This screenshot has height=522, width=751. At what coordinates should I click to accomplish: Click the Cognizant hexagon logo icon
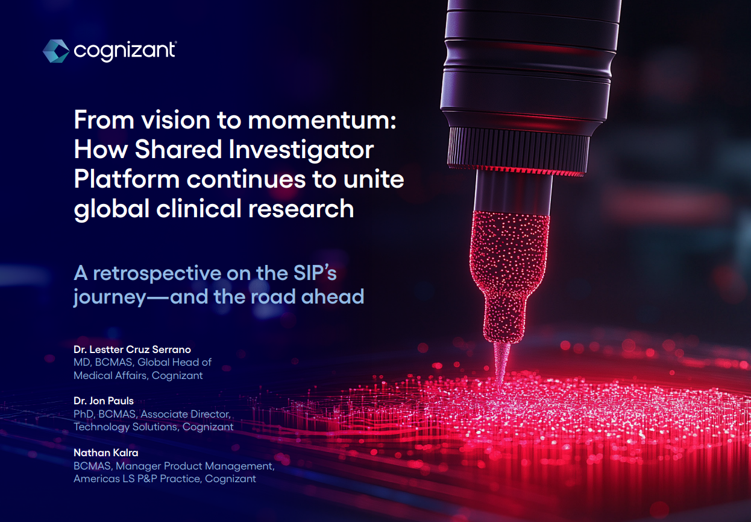point(56,51)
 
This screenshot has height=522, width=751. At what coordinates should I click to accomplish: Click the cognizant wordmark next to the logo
point(125,51)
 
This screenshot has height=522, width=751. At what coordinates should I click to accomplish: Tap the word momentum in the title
point(322,120)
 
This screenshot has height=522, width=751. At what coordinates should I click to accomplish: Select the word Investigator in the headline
point(301,150)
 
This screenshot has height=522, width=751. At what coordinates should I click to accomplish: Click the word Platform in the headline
point(127,179)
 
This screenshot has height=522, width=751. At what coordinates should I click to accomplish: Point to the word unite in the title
point(374,179)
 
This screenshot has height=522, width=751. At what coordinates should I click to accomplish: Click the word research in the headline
point(301,208)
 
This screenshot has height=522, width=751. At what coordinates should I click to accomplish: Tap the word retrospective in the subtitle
point(156,274)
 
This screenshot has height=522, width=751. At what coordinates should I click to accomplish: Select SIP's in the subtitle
point(315,273)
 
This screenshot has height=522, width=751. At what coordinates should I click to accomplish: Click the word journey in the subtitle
point(110,298)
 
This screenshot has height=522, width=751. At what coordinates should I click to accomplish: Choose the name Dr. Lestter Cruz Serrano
point(132,349)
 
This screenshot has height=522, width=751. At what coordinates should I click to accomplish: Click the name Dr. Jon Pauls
point(104,401)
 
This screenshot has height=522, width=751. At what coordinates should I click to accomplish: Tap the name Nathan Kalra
point(106,453)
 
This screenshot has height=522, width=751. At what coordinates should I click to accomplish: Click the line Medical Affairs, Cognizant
point(138,375)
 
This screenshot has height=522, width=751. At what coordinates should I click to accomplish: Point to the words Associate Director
point(186,414)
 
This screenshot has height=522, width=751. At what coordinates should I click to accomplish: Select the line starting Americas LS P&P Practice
point(165,479)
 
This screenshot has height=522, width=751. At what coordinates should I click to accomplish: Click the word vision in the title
point(175,120)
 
